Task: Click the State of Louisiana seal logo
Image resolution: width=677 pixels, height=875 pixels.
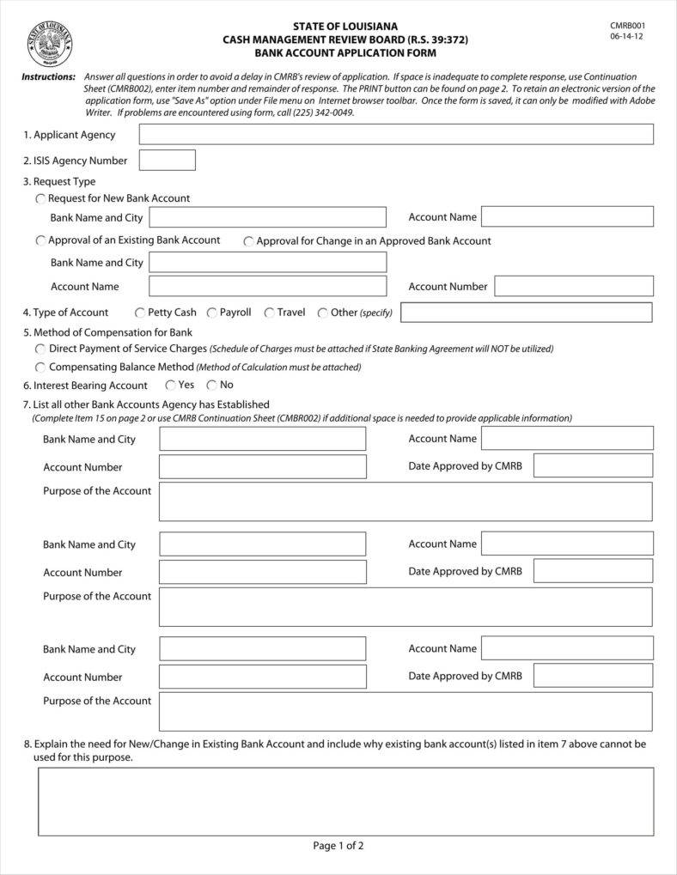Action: tap(49, 44)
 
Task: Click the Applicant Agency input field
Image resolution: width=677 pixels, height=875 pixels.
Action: tap(396, 135)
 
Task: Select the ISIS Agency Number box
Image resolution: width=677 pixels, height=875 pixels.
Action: tap(168, 161)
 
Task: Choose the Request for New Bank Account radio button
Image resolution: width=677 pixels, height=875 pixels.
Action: tap(40, 198)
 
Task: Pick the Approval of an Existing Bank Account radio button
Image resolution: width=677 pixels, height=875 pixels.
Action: tap(40, 241)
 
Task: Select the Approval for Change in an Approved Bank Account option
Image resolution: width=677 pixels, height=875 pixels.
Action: tap(249, 242)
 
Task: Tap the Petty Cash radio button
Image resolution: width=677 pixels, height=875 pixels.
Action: tap(140, 313)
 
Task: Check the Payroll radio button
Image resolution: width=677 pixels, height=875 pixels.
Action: tap(212, 313)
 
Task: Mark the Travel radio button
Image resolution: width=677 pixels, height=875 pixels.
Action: tap(270, 313)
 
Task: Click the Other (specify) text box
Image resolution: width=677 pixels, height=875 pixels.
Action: tap(526, 313)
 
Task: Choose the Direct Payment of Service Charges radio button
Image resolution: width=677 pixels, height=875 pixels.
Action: tap(40, 349)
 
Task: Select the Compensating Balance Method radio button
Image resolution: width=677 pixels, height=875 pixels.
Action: tap(40, 368)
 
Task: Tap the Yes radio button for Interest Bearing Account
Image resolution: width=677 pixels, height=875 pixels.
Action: tap(171, 386)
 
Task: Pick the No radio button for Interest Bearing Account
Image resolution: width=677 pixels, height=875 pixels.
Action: tap(211, 386)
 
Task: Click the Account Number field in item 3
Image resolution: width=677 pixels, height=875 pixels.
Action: tap(573, 286)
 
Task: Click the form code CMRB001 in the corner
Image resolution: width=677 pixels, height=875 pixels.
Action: tap(627, 26)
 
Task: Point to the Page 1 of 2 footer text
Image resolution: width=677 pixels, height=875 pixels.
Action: tap(338, 846)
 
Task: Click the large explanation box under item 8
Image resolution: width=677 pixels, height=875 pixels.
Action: tap(345, 801)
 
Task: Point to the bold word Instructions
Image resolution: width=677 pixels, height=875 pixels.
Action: tap(48, 77)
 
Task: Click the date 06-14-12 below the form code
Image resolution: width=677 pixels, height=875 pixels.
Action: tap(626, 37)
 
